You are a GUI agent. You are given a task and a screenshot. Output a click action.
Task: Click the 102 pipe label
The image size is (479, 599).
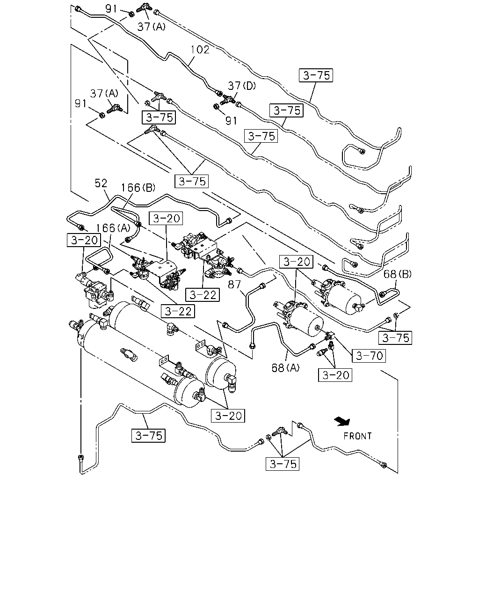tap(200, 50)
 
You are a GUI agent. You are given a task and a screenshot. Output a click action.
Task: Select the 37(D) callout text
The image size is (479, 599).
tap(241, 86)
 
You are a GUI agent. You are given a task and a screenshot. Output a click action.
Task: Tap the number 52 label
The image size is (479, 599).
tap(101, 183)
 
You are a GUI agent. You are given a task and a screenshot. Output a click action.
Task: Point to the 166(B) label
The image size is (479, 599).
tap(138, 188)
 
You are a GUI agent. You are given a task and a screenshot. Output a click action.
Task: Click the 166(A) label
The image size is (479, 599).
tap(113, 228)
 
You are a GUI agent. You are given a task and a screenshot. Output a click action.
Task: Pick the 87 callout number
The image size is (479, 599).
tap(234, 284)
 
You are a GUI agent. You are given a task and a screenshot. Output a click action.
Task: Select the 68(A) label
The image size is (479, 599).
tap(285, 368)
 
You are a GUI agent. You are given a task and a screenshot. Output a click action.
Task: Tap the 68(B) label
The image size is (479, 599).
tap(397, 274)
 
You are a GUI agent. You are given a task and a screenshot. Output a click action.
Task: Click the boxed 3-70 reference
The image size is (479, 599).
tap(369, 356)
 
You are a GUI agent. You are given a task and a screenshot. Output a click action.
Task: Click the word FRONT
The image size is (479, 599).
tap(357, 436)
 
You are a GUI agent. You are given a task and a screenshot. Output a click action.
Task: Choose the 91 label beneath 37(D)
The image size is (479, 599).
tap(231, 121)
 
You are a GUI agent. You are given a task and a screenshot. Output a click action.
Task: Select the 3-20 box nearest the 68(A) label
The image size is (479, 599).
tap(335, 375)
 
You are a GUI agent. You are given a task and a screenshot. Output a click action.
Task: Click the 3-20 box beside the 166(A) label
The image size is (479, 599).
tap(84, 240)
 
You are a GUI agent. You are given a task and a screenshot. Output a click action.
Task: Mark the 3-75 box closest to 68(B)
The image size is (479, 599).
tap(395, 338)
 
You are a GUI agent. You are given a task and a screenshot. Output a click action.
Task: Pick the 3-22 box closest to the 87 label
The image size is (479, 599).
tap(203, 295)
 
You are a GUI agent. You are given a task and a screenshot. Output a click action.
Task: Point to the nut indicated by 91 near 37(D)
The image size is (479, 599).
tap(216, 106)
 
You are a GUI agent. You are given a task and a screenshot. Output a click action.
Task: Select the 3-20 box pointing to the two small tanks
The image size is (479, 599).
tap(228, 416)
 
